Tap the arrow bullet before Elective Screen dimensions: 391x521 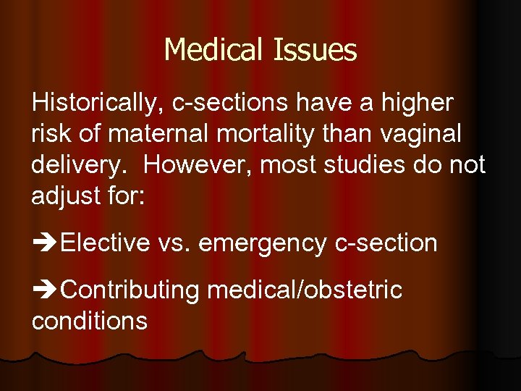(45, 244)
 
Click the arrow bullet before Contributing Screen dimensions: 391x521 (45, 290)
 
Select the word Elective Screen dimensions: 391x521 (106, 243)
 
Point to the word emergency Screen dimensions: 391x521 (262, 244)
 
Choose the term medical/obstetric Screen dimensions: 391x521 (304, 290)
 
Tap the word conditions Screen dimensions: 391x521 (90, 321)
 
